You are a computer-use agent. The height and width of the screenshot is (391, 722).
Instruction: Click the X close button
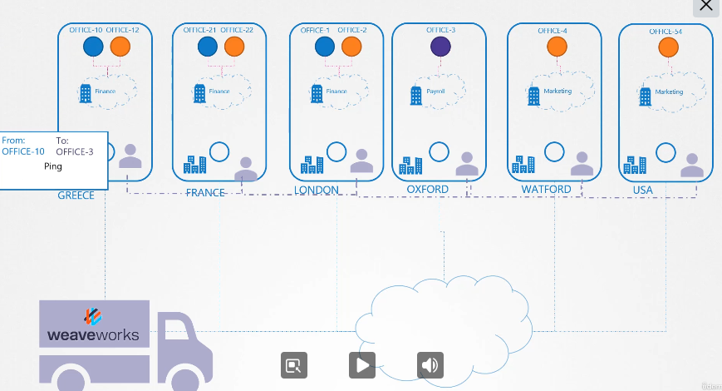[706, 6]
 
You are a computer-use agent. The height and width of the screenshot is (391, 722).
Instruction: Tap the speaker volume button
[430, 364]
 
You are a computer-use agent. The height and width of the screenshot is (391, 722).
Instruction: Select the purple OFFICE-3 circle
[441, 47]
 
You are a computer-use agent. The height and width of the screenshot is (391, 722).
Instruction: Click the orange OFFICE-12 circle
[120, 47]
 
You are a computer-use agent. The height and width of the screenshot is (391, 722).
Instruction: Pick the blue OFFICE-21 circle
[207, 47]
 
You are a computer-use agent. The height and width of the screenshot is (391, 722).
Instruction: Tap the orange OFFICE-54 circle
[667, 47]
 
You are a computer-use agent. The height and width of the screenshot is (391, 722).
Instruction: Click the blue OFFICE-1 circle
[324, 47]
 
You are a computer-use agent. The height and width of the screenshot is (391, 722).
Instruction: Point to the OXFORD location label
[427, 190]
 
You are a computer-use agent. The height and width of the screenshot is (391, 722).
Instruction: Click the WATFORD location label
[546, 190]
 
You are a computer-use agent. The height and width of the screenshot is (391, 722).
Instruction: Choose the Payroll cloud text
[436, 92]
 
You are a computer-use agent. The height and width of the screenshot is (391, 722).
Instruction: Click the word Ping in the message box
[52, 166]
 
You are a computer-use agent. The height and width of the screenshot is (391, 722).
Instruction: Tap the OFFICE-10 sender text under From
[23, 151]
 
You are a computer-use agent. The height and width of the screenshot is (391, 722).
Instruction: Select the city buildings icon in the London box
[312, 165]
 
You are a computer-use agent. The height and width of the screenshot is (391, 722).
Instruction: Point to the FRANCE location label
[205, 192]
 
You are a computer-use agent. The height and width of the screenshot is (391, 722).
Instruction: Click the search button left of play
[294, 364]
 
